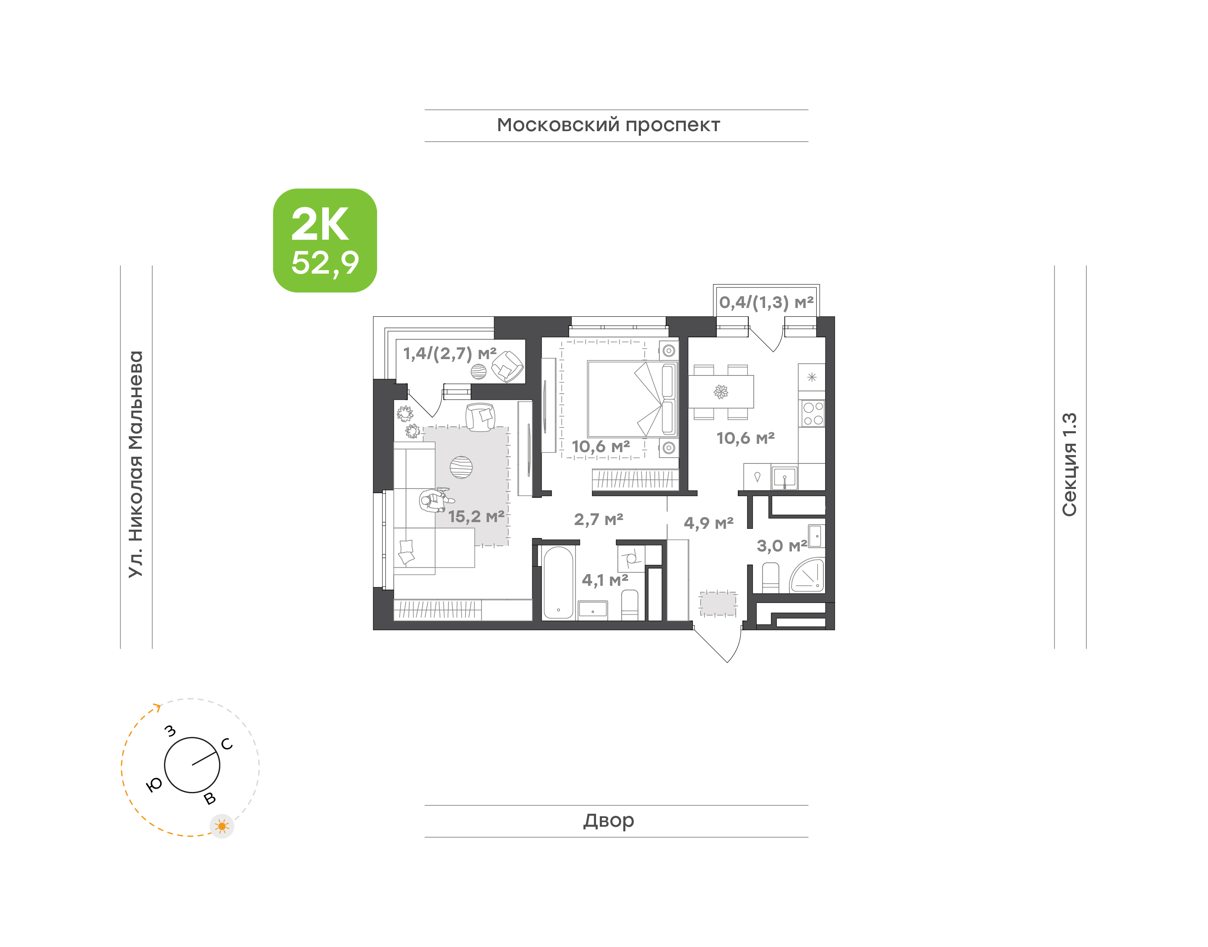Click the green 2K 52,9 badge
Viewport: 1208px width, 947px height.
pos(325,240)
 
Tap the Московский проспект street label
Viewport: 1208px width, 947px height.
pos(608,125)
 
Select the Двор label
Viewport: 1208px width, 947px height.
pos(609,820)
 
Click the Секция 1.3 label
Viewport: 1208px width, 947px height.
pos(1069,464)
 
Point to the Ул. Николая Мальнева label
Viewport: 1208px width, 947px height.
pos(136,464)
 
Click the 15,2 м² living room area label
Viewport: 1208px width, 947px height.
pos(476,517)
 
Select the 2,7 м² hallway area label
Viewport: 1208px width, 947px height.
pos(599,520)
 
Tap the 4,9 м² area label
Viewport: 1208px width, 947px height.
pos(708,523)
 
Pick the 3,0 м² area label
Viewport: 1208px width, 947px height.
pos(782,546)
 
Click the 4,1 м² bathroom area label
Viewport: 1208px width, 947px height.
pos(605,580)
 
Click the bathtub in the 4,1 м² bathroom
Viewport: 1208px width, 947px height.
pos(558,583)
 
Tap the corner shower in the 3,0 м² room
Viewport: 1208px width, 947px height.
pos(808,575)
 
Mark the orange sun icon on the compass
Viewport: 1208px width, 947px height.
pos(222,826)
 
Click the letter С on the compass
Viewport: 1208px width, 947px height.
pos(227,744)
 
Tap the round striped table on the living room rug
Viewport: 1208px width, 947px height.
pos(461,467)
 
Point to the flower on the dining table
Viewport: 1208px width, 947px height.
pos(721,392)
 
